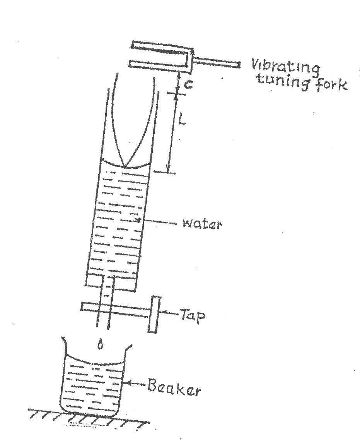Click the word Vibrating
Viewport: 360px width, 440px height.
click(x=286, y=69)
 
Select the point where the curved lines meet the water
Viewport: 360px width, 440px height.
click(x=125, y=167)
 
